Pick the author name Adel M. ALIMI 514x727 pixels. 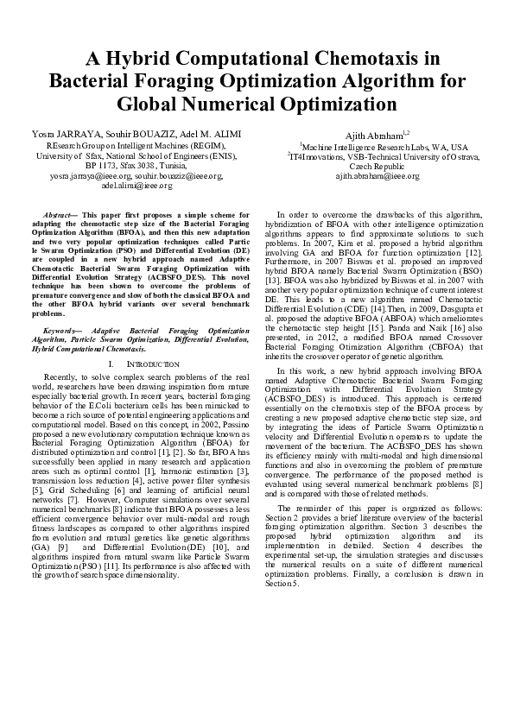[210, 135]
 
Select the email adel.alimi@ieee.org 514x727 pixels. [136, 185]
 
